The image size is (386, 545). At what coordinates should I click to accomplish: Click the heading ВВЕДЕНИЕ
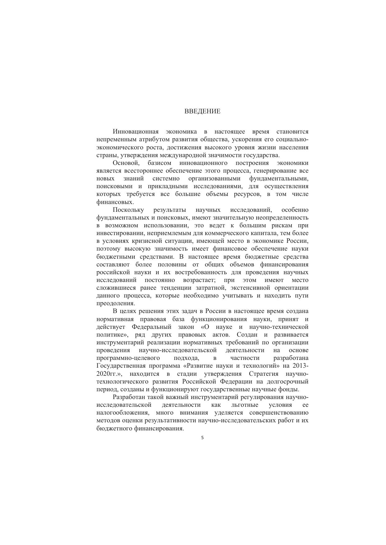coord(202,111)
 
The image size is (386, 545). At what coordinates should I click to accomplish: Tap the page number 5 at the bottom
coord(202,438)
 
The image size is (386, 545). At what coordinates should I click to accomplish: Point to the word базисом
coord(160,163)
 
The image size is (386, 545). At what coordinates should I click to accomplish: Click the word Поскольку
coord(129,210)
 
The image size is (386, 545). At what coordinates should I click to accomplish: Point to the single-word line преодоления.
coord(116,303)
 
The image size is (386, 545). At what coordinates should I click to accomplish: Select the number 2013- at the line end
coord(300,366)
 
